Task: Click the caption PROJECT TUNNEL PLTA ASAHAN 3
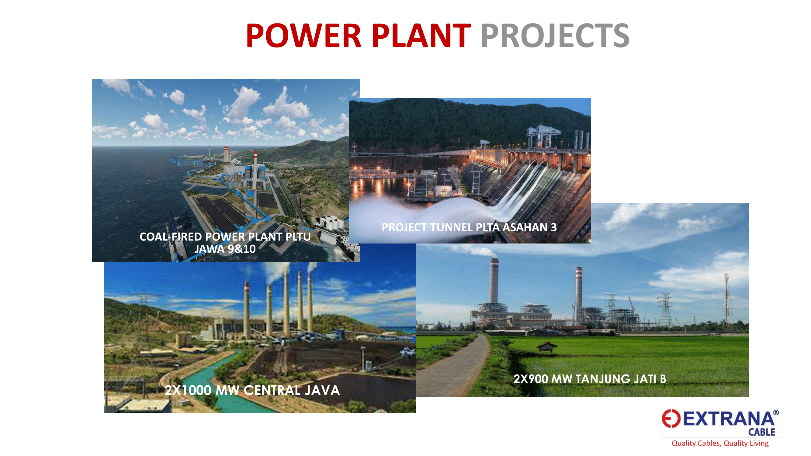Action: (469, 227)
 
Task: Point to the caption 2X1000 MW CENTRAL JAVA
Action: (252, 390)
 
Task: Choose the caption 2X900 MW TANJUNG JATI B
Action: (590, 379)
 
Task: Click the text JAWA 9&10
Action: (225, 249)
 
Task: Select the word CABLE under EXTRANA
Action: (761, 432)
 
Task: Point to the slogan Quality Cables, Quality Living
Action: (720, 443)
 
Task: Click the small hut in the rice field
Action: (547, 347)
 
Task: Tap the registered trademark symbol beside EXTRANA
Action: (776, 413)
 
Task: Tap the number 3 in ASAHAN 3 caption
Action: (554, 227)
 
